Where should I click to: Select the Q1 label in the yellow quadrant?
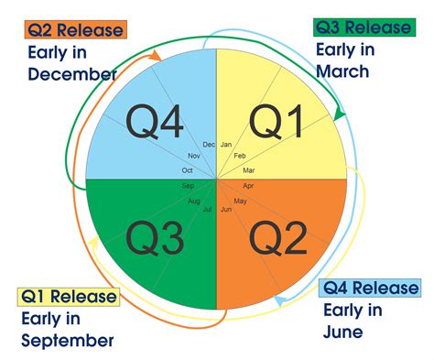(277, 121)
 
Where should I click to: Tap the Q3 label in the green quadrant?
(153, 240)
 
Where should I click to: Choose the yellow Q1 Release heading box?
(69, 296)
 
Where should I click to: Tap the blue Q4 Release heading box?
(371, 288)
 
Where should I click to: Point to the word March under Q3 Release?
(342, 71)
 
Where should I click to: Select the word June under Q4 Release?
(342, 332)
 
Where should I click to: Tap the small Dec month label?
(209, 145)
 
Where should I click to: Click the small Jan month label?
(226, 145)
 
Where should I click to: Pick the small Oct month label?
(188, 170)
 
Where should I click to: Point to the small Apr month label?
(248, 186)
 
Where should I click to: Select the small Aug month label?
(194, 201)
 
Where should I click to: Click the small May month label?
(240, 201)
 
